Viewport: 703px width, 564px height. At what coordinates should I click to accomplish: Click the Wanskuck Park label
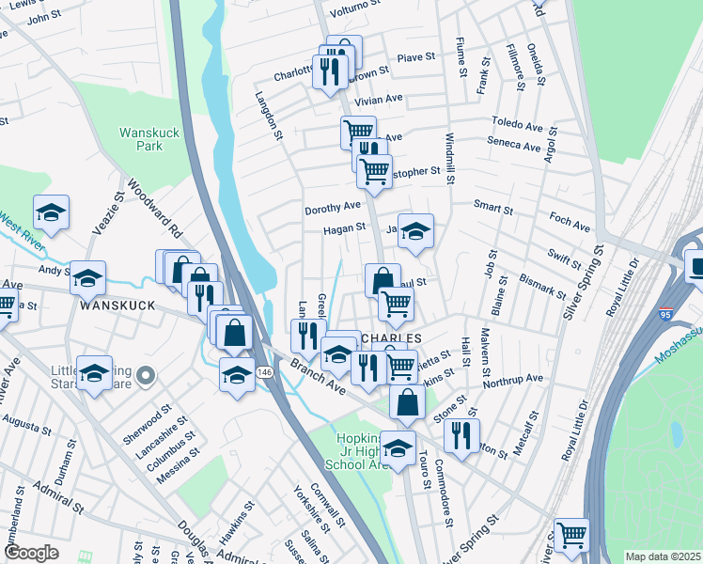[x=143, y=140]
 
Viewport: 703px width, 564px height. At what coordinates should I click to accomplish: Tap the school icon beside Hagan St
[x=414, y=230]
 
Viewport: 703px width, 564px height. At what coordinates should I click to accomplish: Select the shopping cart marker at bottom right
[x=570, y=535]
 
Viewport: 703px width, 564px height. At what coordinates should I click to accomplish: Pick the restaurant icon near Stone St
[x=460, y=435]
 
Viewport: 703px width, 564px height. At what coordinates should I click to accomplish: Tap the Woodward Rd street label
[x=150, y=211]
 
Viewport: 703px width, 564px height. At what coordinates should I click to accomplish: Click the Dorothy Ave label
[x=332, y=208]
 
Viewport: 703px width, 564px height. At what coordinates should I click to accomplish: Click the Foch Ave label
[x=569, y=227]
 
